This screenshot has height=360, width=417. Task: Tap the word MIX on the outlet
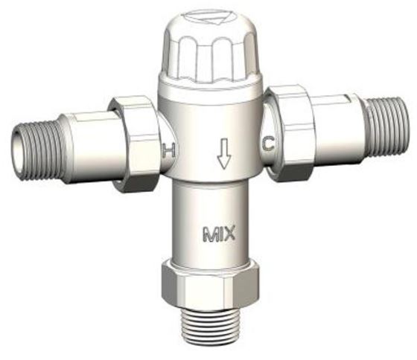(x=219, y=237)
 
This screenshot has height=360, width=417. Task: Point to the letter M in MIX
(x=208, y=237)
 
